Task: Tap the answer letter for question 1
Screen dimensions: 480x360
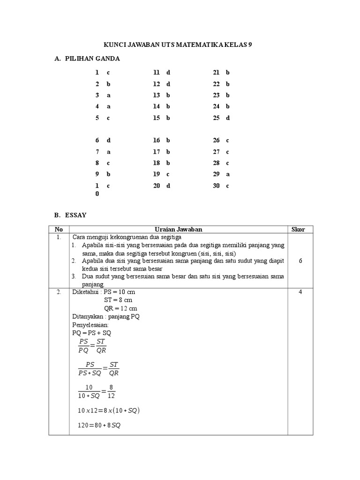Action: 108,73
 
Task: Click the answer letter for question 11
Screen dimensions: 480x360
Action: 168,73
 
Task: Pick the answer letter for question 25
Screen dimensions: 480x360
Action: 228,118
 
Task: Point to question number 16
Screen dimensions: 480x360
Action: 157,140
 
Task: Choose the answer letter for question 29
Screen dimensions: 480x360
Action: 228,174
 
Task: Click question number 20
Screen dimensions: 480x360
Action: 157,185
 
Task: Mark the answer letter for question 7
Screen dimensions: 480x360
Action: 108,151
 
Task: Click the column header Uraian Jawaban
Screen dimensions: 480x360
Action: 179,229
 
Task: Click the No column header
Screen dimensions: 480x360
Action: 59,229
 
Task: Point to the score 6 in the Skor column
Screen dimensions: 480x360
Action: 300,261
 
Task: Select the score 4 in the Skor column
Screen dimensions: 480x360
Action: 300,292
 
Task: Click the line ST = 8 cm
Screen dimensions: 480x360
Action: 118,300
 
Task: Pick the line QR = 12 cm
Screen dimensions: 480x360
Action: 120,308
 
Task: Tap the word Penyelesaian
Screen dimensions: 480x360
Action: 90,324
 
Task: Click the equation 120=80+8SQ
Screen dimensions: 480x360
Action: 99,426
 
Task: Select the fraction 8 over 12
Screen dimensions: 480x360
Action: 111,391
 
